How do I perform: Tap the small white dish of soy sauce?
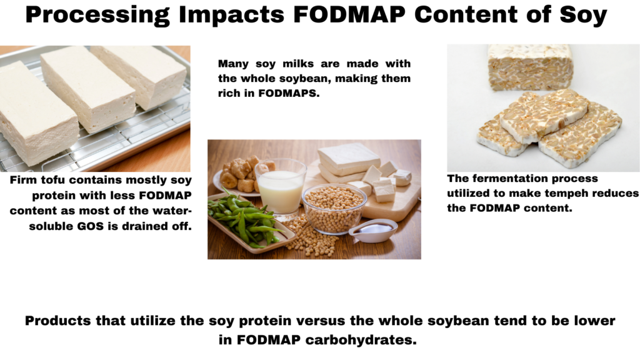coord(372,230)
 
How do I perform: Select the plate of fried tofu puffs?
coord(241,175)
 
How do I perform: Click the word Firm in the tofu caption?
coord(24,180)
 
